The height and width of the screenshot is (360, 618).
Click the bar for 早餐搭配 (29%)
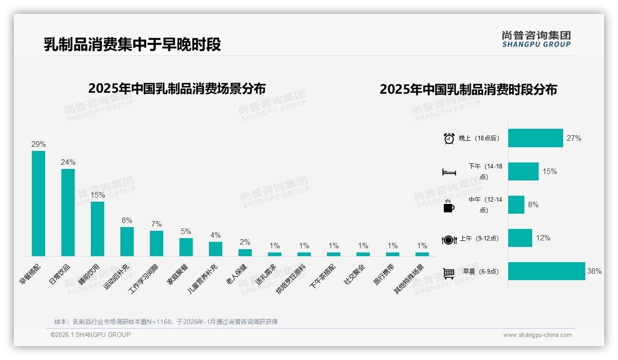coord(38,204)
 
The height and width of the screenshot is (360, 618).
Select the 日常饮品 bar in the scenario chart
coord(68,212)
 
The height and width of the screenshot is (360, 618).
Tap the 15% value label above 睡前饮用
coord(97,195)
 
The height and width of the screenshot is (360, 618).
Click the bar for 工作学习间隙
coord(156,243)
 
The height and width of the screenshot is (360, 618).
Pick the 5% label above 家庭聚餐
coord(186,232)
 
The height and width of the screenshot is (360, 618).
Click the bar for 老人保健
coord(245,252)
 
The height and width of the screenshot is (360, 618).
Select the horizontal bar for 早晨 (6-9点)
coord(547,271)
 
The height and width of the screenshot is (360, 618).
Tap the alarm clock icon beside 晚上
coord(449,138)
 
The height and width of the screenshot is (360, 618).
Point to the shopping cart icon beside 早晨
coord(449,273)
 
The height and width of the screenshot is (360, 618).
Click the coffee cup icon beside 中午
coord(449,206)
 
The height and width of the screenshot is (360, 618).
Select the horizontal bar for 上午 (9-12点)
coord(520,238)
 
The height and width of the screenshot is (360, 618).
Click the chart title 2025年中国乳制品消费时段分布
coord(468,90)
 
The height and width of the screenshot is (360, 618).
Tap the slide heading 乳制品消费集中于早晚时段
coord(132,44)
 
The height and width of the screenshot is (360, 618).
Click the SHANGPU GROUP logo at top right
coord(536,39)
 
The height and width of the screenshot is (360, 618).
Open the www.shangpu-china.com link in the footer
coord(537,335)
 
